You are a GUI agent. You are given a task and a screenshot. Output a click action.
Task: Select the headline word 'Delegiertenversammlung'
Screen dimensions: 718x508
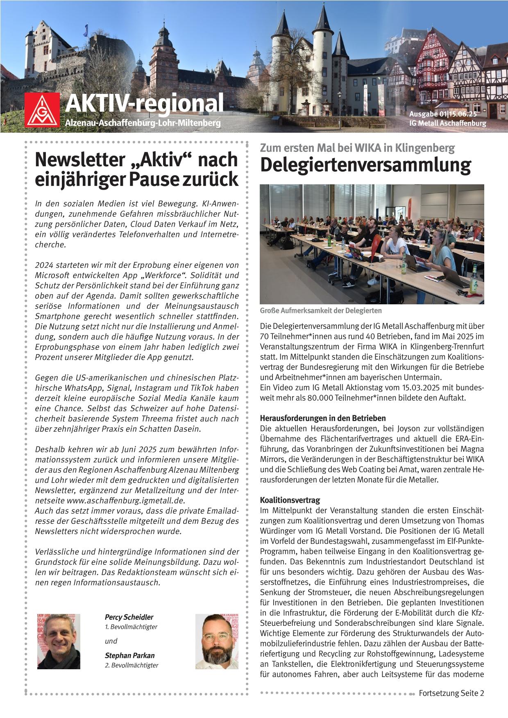[x=365, y=165]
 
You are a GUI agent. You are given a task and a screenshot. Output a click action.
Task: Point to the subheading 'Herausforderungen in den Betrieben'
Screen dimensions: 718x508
[x=323, y=419]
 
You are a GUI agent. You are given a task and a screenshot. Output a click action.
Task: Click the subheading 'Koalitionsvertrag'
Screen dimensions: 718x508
[x=290, y=500]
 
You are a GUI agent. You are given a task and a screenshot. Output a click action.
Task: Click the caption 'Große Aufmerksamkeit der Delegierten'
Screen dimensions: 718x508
[x=321, y=311]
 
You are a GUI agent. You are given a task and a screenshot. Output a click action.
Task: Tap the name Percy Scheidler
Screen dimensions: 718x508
[x=129, y=617]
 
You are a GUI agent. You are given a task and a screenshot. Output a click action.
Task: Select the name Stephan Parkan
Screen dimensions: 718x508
[x=129, y=655]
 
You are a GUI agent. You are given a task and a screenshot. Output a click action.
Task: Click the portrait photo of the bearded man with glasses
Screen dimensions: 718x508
[x=217, y=641]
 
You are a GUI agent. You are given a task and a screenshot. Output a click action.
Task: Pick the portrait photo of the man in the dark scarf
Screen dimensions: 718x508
[x=59, y=641]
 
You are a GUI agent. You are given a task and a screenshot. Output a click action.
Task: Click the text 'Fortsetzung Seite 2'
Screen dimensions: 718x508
[x=451, y=693]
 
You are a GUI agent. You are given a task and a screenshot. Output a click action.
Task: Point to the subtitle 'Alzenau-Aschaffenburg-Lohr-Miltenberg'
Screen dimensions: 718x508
[x=143, y=123]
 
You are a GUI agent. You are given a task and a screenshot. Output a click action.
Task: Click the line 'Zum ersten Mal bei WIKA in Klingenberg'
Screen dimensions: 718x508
[x=357, y=148]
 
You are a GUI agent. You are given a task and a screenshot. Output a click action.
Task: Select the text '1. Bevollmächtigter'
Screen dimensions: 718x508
[x=131, y=627]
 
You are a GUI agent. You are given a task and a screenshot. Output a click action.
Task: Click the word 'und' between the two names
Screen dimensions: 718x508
[x=111, y=641]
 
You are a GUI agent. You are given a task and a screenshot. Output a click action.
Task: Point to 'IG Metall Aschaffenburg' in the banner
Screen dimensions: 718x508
[x=447, y=123]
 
